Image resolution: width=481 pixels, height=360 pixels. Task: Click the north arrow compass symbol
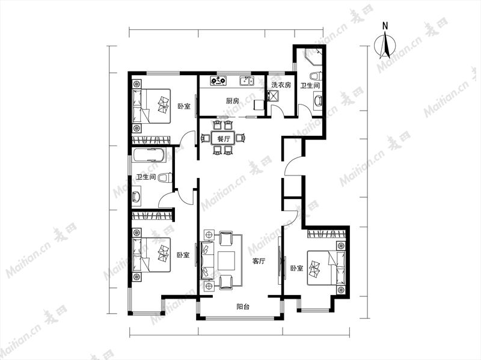pos(385,46)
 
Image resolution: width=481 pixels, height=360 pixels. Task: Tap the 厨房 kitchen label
pos(232,100)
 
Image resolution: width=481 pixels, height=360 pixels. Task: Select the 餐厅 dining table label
pos(224,138)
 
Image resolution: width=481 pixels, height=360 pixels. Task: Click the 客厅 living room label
pos(259,261)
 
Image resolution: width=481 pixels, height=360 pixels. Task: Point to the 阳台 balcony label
pos(243,307)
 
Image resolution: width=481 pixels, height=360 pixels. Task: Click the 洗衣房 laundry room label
pos(281,85)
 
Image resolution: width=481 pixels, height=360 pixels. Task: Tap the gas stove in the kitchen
pos(218,81)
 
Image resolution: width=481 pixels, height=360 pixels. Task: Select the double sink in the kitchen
pos(247,81)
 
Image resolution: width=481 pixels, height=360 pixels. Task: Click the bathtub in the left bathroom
pos(149,155)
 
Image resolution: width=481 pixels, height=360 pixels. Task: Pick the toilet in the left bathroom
pos(165,178)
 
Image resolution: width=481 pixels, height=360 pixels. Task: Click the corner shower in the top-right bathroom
pos(313,56)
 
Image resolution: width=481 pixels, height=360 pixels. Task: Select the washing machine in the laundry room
pos(272,96)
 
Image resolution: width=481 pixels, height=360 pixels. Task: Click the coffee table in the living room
pos(227,260)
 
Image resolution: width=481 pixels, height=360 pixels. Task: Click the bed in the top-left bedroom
pos(152,106)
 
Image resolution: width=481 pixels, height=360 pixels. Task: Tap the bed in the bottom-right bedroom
pos(326,268)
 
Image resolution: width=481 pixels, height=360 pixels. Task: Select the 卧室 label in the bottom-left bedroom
pos(183,255)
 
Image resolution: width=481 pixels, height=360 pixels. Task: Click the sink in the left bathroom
pos(136,195)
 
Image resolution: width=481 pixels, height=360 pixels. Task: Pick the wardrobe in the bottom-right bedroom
pos(326,234)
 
